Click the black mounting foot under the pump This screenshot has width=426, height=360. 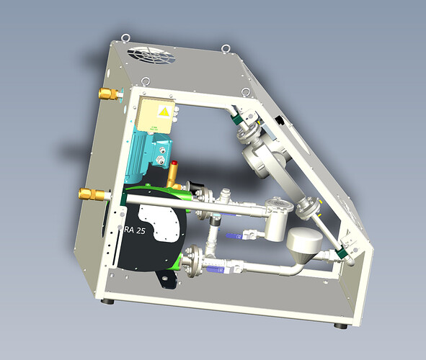pos(169,281)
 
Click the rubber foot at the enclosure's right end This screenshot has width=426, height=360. pos(340,325)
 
